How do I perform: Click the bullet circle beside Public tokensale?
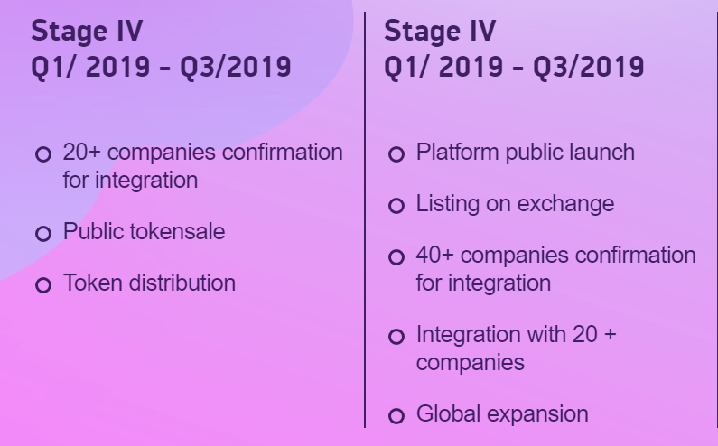(x=43, y=234)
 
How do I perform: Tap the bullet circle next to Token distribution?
(x=43, y=284)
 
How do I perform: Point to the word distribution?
(x=182, y=283)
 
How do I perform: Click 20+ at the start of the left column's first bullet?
(x=81, y=152)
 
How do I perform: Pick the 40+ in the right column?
(x=434, y=256)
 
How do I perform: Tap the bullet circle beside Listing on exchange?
(x=396, y=206)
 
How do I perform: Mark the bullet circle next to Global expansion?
(x=396, y=416)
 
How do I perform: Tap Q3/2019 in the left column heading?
(x=236, y=67)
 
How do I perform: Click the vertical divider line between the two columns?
(x=365, y=219)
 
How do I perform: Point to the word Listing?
(x=447, y=204)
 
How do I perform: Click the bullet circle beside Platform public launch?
(x=396, y=154)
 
